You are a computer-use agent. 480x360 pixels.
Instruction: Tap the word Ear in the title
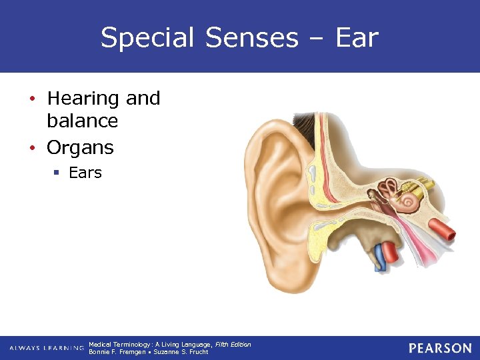click(357, 38)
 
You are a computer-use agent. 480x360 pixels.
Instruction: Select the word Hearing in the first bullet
click(83, 98)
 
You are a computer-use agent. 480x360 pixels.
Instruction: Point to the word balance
click(82, 121)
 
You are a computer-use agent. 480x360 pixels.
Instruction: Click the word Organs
click(80, 147)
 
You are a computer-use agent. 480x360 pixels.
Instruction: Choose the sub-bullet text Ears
click(85, 173)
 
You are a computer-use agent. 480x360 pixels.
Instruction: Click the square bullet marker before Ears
click(57, 173)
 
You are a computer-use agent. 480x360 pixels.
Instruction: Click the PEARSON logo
click(440, 348)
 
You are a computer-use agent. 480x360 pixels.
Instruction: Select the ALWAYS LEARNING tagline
click(46, 348)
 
